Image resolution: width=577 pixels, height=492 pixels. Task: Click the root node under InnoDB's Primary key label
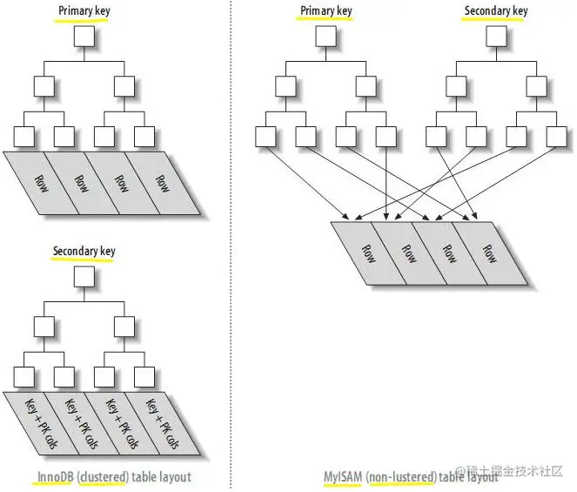(x=84, y=37)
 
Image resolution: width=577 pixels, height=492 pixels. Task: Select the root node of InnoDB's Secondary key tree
(x=84, y=277)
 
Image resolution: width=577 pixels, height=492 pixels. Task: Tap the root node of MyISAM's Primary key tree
(x=325, y=37)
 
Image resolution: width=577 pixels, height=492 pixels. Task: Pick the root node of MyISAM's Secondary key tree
(x=494, y=37)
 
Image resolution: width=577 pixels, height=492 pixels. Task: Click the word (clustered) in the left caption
(x=104, y=477)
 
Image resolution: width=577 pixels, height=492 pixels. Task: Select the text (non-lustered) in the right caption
(x=400, y=477)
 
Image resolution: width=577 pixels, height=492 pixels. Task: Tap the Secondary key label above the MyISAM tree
(x=495, y=11)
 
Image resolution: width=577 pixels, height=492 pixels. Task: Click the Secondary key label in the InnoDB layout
(x=84, y=252)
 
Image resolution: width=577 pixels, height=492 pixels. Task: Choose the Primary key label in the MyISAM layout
(x=325, y=11)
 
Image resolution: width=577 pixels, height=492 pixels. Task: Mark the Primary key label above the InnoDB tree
(x=84, y=11)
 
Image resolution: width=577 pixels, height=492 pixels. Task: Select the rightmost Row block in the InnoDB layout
(x=161, y=184)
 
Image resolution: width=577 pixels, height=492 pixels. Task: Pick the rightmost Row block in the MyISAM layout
(x=490, y=253)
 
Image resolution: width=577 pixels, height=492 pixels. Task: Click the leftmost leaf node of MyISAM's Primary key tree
(x=265, y=137)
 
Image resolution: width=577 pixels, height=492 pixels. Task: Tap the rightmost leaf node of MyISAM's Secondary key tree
(x=554, y=137)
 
